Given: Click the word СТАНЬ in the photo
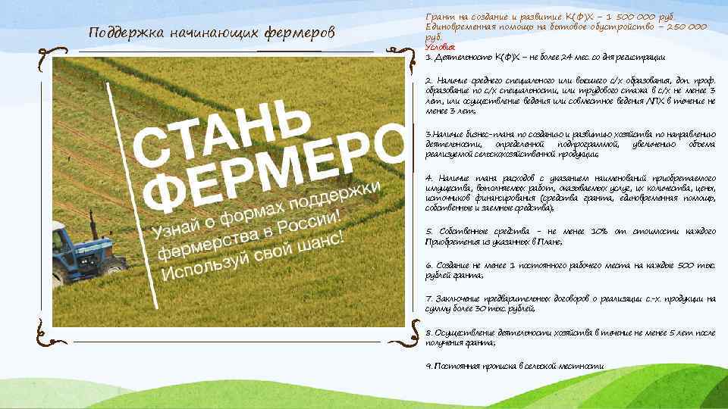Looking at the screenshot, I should (220, 129).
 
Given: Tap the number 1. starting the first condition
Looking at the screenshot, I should (429, 57).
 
